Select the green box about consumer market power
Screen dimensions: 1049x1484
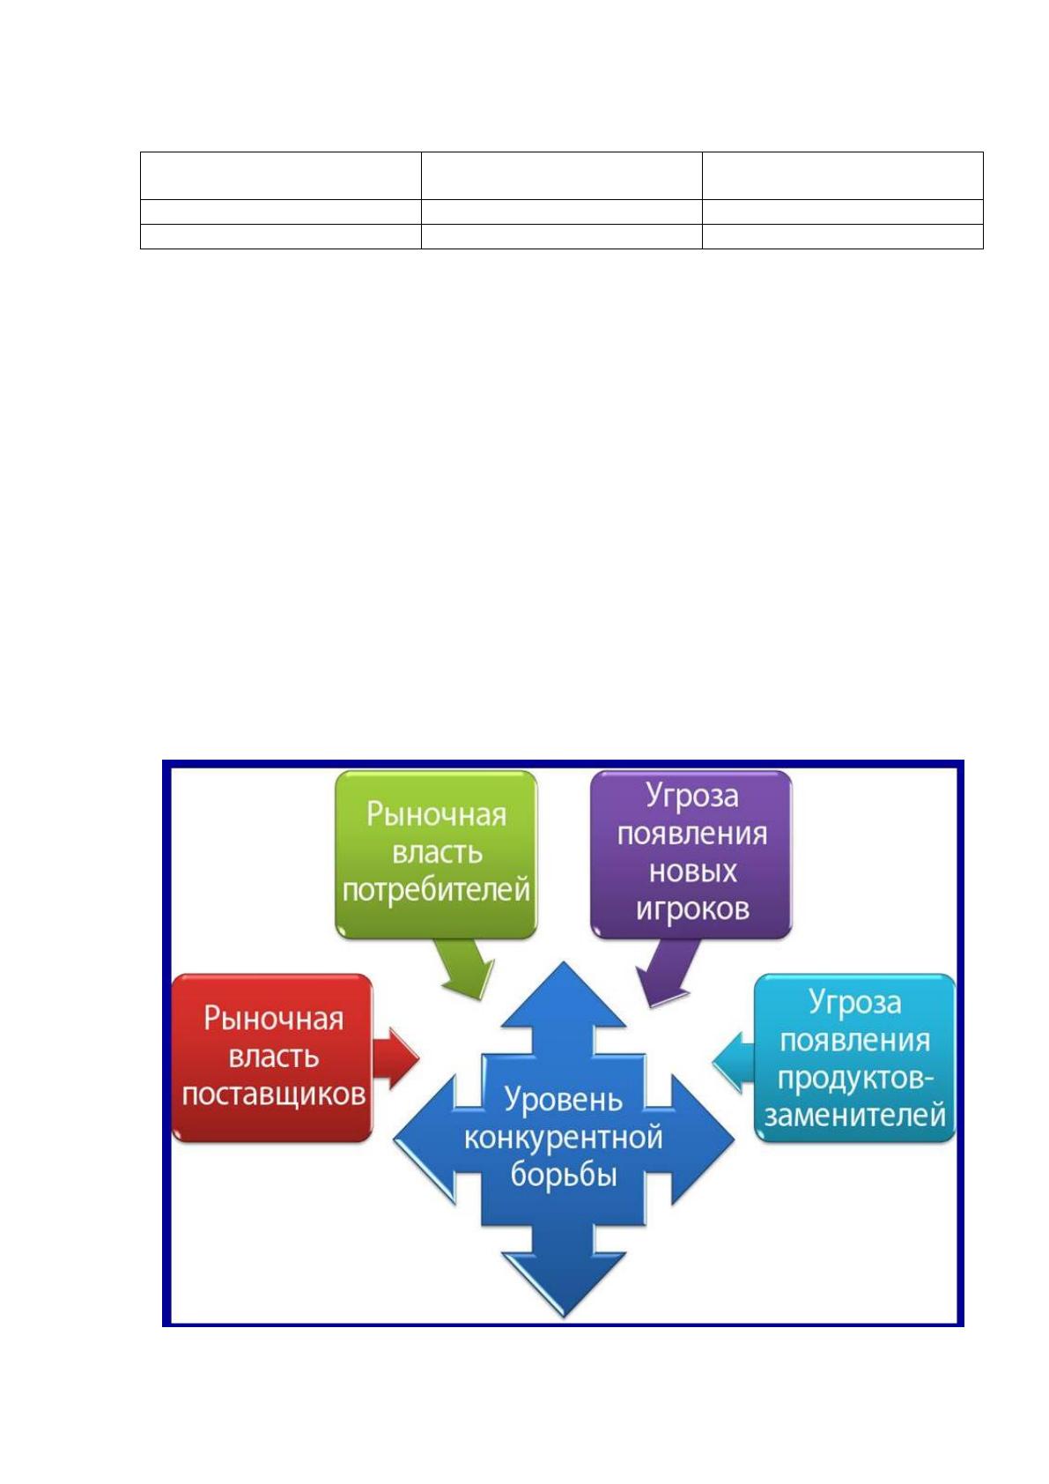(x=436, y=855)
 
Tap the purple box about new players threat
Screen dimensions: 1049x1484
(x=691, y=855)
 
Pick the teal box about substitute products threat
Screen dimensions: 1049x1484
(x=855, y=1058)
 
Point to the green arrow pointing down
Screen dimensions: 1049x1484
(x=467, y=968)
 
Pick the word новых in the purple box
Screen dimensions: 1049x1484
(x=692, y=872)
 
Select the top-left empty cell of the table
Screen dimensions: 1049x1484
(x=281, y=175)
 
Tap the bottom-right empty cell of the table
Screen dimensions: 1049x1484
(x=842, y=236)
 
